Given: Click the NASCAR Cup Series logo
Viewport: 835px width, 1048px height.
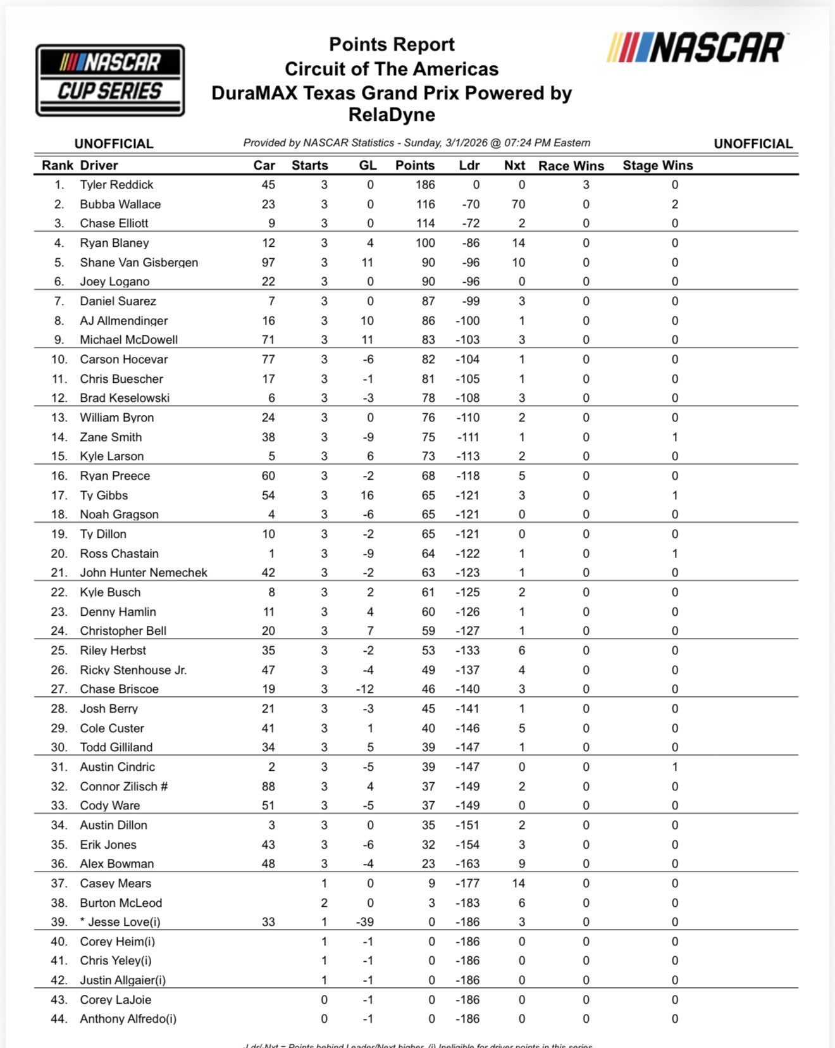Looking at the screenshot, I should pos(110,80).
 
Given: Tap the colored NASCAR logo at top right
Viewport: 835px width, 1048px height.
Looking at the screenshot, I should pos(696,49).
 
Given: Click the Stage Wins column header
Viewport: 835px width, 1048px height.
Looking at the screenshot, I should pos(657,165).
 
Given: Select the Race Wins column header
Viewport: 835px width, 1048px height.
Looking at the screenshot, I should pos(571,166).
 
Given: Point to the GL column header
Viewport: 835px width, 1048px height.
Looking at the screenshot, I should pos(368,165).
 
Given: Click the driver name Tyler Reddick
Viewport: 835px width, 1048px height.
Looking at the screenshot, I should pos(116,185).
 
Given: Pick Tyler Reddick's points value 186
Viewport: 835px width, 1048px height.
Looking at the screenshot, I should pos(425,185).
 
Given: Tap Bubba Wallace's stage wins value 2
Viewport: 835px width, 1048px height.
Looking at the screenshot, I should pos(675,204).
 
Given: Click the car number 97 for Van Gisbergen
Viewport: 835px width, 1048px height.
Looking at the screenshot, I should pos(268,262).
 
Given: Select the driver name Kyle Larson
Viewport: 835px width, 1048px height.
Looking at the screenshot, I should pos(111,456).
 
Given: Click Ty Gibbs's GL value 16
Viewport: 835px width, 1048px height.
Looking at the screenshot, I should pos(367,496).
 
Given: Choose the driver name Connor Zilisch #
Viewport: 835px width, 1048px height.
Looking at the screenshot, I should pos(123,786).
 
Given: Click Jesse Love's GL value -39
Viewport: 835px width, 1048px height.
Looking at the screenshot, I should pos(364,922).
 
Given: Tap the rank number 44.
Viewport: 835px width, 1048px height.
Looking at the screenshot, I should pos(59,1019).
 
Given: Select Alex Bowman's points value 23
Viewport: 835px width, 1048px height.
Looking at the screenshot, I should pos(428,864).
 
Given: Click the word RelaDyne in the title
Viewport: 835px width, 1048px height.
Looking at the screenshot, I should pos(392,115).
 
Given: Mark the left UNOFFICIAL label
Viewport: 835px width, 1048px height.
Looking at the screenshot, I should pos(114,144).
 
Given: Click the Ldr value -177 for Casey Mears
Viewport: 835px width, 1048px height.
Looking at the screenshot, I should pos(467,883).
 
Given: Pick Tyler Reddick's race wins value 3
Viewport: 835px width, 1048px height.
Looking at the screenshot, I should pos(586,185).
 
